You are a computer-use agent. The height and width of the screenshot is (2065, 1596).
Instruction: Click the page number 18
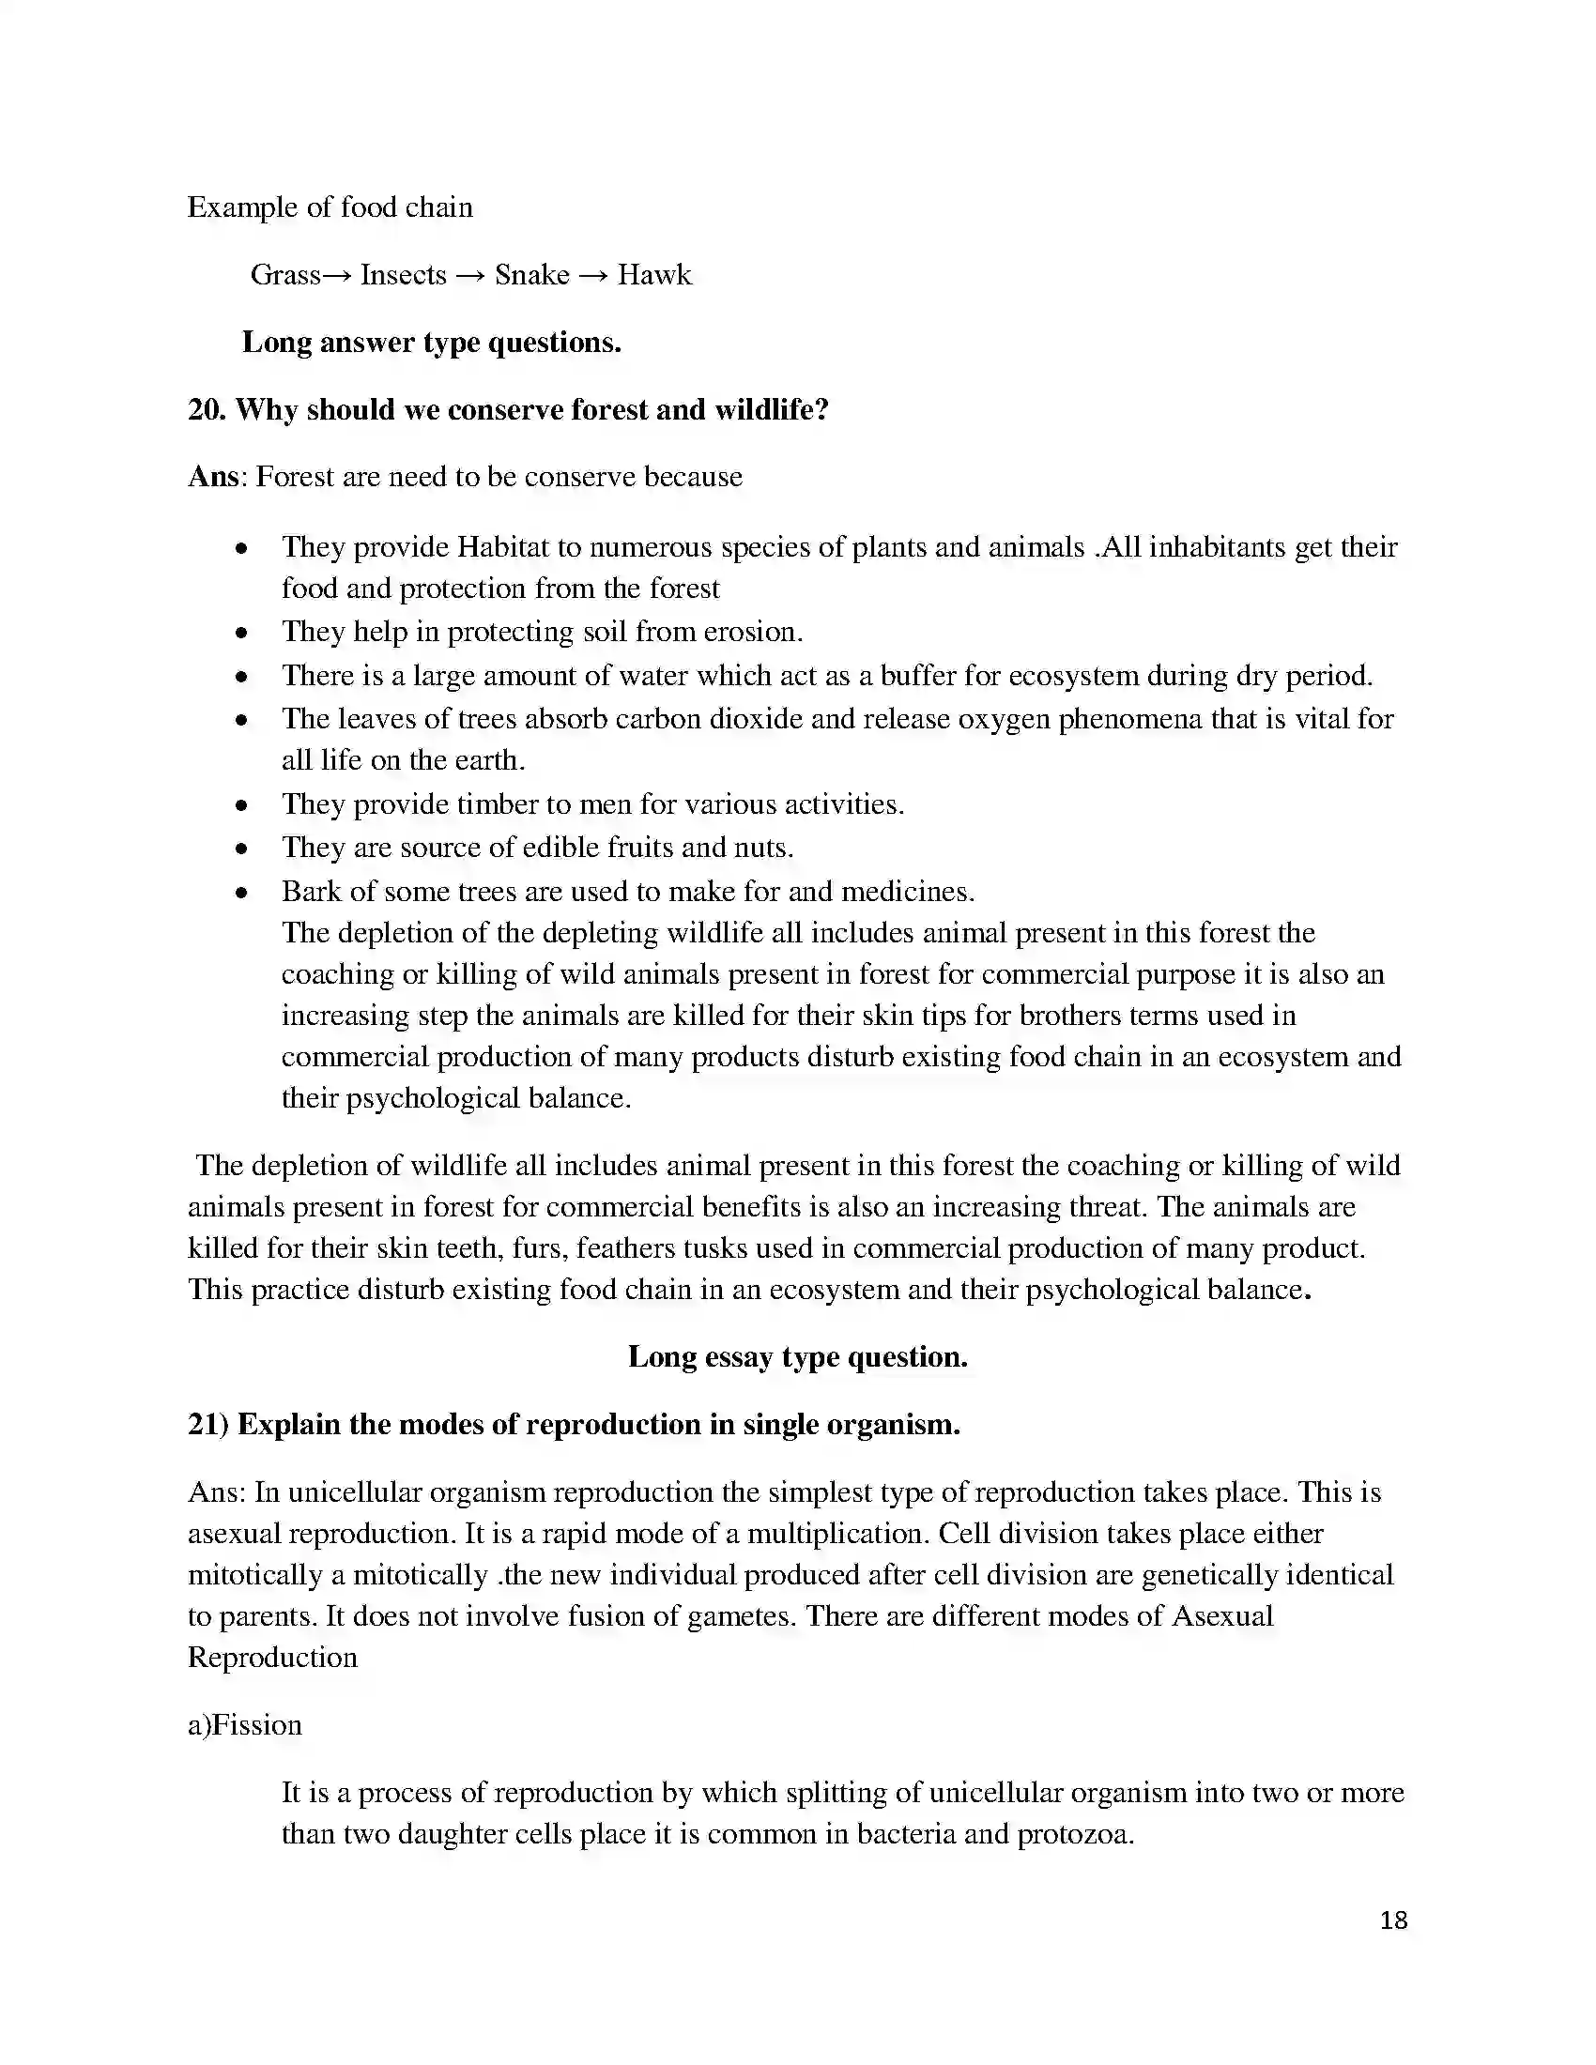[x=1393, y=1920]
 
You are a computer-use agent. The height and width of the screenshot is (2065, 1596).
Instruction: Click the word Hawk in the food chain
[x=654, y=275]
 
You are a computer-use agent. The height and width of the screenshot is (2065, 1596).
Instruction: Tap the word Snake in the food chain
[x=531, y=275]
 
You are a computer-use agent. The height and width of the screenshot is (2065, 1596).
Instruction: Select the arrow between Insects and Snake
[x=470, y=276]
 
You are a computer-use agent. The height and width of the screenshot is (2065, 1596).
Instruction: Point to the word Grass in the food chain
[x=284, y=275]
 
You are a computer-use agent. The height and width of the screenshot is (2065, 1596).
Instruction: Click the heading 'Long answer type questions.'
[x=431, y=343]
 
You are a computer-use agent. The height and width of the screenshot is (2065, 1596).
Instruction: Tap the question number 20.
[x=206, y=409]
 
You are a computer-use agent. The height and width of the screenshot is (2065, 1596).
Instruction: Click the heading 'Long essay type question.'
[x=797, y=1357]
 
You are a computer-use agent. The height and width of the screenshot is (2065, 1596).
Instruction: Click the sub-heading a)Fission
[x=245, y=1724]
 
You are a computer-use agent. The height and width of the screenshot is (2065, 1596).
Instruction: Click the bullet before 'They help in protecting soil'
[x=243, y=633]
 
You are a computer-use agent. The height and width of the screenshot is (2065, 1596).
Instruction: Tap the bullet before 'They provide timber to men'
[x=243, y=805]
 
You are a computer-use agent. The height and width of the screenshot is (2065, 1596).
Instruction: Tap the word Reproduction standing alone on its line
[x=272, y=1658]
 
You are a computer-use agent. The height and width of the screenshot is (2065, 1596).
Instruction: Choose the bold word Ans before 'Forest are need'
[x=214, y=477]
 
